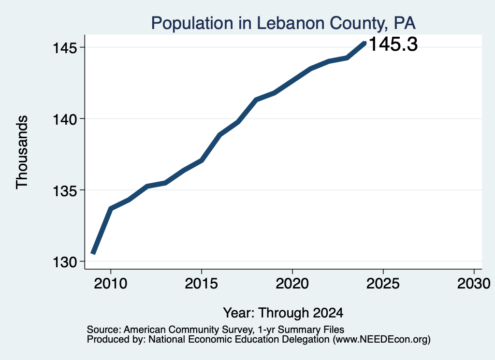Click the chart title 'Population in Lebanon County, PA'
tap(283, 23)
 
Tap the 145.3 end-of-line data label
tap(393, 44)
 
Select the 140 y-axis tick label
tap(65, 119)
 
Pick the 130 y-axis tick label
tap(65, 262)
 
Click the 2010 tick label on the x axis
tap(111, 283)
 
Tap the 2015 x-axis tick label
tap(202, 283)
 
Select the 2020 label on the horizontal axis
tap(292, 283)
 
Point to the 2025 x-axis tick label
tap(383, 283)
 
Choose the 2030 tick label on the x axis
tap(474, 283)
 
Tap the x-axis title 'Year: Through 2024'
tap(283, 313)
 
